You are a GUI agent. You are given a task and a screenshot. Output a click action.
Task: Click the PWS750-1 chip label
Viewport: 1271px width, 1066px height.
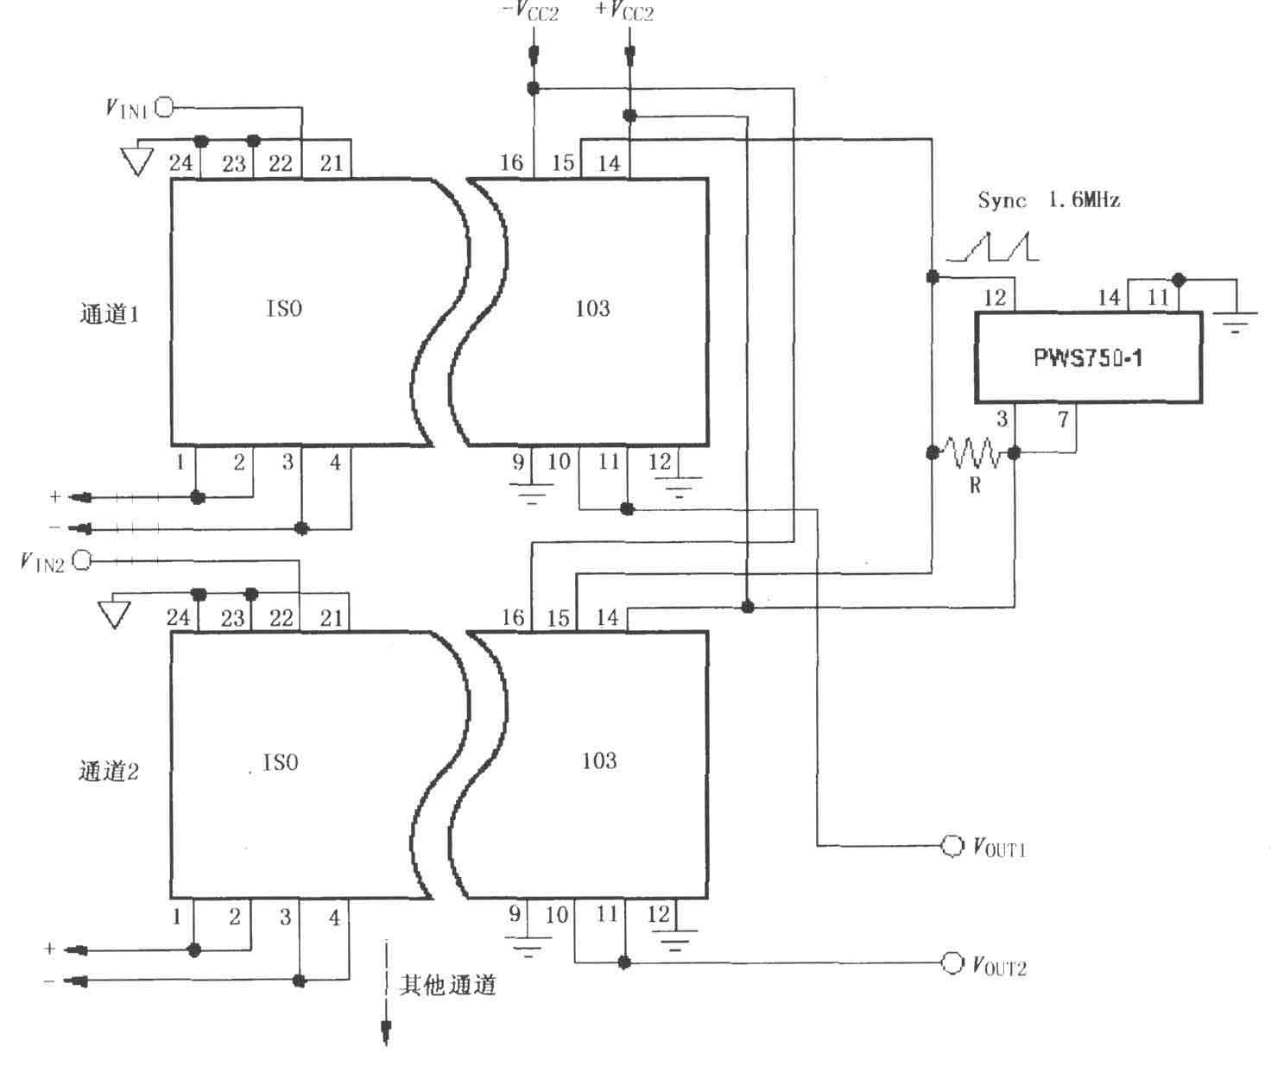click(1088, 357)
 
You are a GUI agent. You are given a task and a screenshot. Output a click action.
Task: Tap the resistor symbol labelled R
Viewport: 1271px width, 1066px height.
click(972, 452)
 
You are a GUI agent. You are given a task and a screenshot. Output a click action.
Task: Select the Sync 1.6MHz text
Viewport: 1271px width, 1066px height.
click(1049, 199)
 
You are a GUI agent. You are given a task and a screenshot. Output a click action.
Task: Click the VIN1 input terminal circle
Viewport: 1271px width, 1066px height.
click(164, 108)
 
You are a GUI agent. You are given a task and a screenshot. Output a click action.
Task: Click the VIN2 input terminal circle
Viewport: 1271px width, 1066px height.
click(81, 561)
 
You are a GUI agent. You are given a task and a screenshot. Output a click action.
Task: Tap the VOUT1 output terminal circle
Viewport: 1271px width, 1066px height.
click(952, 846)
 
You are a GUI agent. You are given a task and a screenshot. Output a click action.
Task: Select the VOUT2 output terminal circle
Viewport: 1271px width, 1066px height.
click(952, 962)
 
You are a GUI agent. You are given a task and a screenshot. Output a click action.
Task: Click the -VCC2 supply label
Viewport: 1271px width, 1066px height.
click(529, 11)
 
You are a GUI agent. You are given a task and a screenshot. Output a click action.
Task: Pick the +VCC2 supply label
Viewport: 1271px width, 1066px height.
click(624, 11)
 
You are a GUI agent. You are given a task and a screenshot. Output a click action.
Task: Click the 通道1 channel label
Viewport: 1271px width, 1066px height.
click(110, 314)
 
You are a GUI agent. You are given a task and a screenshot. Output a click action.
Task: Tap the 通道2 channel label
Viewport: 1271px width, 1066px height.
click(109, 771)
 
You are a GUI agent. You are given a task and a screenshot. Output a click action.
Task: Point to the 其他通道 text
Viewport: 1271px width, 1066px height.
click(448, 985)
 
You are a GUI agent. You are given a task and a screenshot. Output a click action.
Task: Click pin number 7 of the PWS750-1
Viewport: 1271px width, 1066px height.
click(1063, 419)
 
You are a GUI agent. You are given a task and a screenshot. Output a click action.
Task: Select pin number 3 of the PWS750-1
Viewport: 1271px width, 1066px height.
click(1002, 419)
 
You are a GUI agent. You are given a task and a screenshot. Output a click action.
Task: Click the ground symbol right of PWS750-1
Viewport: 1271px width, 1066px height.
click(1236, 323)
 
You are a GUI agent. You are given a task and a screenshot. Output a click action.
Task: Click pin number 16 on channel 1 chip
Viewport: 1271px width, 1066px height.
click(511, 162)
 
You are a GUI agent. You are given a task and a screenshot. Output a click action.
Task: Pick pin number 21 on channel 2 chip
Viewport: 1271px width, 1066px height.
click(332, 618)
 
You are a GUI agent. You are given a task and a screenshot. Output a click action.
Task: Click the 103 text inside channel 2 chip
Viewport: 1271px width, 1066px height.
click(599, 760)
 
